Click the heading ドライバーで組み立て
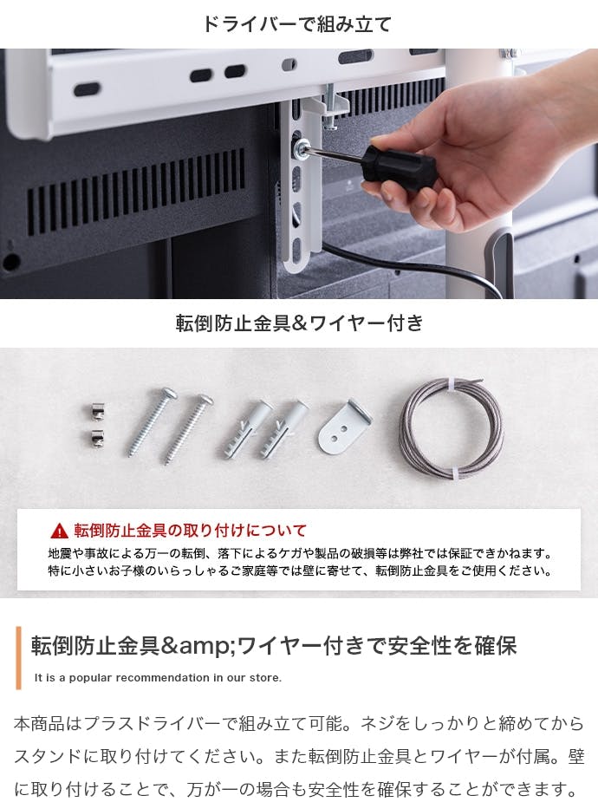pyautogui.click(x=297, y=23)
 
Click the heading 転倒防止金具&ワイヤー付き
pyautogui.click(x=299, y=323)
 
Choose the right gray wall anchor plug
pyautogui.click(x=283, y=430)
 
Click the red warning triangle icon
pyautogui.click(x=59, y=531)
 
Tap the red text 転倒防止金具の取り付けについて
pyautogui.click(x=190, y=531)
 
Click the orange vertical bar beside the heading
pyautogui.click(x=19, y=658)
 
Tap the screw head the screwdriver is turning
pyautogui.click(x=298, y=147)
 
